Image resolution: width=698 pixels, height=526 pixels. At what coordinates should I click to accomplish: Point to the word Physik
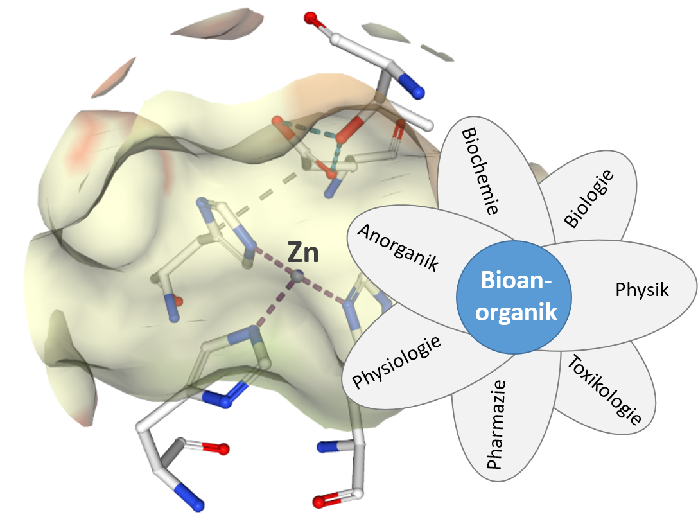[x=641, y=290]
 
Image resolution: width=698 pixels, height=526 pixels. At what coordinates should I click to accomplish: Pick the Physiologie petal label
[x=397, y=362]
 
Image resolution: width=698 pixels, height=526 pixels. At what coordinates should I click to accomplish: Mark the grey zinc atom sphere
[x=297, y=276]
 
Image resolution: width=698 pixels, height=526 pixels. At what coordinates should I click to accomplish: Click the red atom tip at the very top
[x=311, y=17]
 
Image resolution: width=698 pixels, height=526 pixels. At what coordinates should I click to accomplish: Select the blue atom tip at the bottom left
[x=196, y=504]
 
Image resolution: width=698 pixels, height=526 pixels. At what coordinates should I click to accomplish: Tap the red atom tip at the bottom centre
[x=319, y=501]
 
